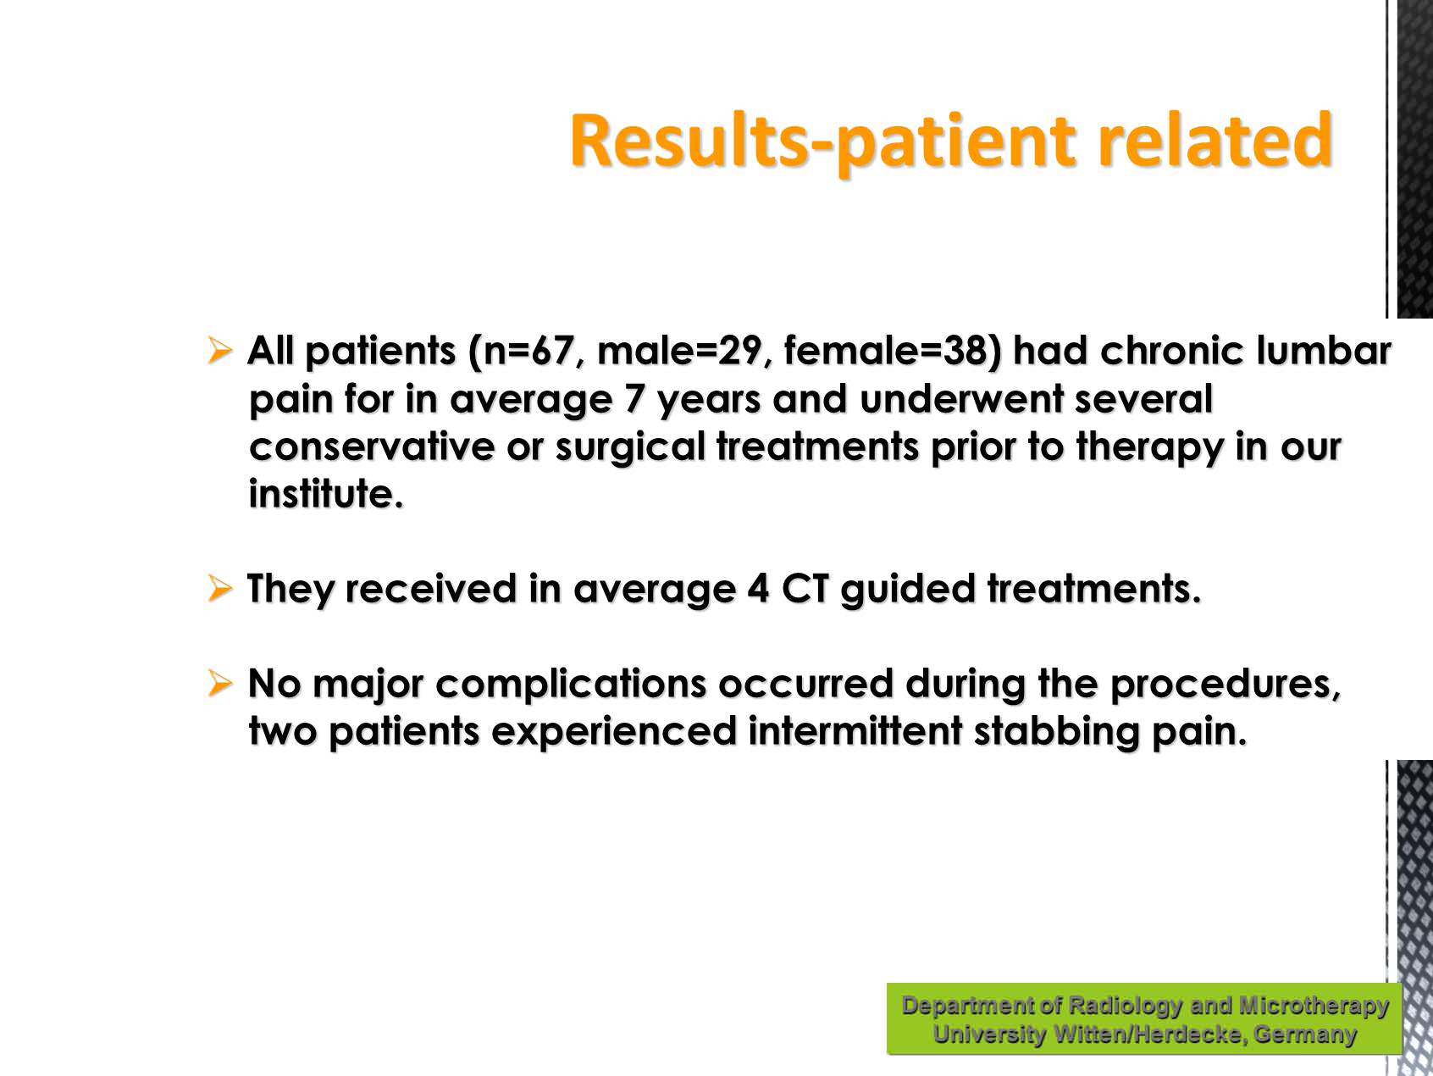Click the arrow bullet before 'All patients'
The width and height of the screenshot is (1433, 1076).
point(219,349)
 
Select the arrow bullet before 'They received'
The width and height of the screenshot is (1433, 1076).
point(219,587)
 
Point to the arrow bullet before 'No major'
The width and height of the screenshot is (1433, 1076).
point(219,682)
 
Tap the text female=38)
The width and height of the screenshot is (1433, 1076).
point(892,351)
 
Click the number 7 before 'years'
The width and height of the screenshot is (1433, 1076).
point(634,399)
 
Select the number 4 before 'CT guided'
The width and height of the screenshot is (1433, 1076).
point(758,589)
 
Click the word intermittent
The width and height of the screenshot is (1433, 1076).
point(855,731)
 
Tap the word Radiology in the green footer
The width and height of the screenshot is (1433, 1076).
point(1125,1006)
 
